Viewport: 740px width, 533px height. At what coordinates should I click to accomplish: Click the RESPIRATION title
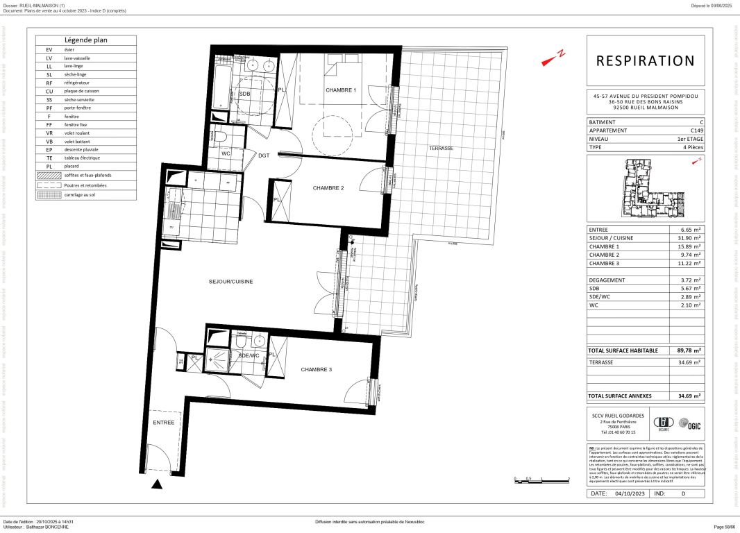click(x=645, y=61)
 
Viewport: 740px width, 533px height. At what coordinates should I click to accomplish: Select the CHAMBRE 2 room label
click(x=328, y=188)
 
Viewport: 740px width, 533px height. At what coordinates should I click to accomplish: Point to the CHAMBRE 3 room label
click(x=316, y=370)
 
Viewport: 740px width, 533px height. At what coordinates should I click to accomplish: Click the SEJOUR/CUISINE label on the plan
click(x=230, y=282)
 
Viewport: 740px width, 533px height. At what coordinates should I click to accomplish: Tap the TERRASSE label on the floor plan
click(x=441, y=149)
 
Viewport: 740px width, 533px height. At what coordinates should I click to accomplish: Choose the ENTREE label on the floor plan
click(x=164, y=422)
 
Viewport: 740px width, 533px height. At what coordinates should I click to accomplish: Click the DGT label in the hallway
click(x=264, y=155)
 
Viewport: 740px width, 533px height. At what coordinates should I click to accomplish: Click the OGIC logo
click(x=687, y=423)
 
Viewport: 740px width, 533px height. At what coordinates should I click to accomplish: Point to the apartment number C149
click(x=695, y=130)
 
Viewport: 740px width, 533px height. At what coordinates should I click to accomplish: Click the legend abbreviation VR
click(x=49, y=133)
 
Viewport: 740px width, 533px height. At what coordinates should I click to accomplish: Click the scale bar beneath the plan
click(x=541, y=480)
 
